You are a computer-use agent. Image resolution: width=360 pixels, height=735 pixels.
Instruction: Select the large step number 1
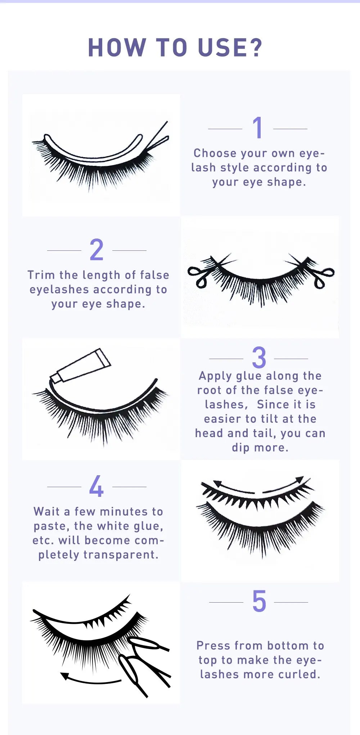pos(257,128)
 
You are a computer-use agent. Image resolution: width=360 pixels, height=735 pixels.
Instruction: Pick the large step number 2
pos(96,250)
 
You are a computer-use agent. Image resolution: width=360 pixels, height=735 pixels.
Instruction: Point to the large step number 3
pos(259,358)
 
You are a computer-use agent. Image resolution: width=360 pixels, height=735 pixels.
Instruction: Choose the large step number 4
pos(96,486)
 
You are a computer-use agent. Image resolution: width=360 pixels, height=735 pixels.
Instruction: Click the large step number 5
pos(259,602)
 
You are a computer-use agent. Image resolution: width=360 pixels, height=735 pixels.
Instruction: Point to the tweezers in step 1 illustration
pos(158,139)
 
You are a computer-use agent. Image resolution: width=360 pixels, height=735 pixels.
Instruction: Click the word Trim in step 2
pos(41,275)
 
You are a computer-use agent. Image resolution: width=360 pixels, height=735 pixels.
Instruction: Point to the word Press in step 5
pos(212,646)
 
